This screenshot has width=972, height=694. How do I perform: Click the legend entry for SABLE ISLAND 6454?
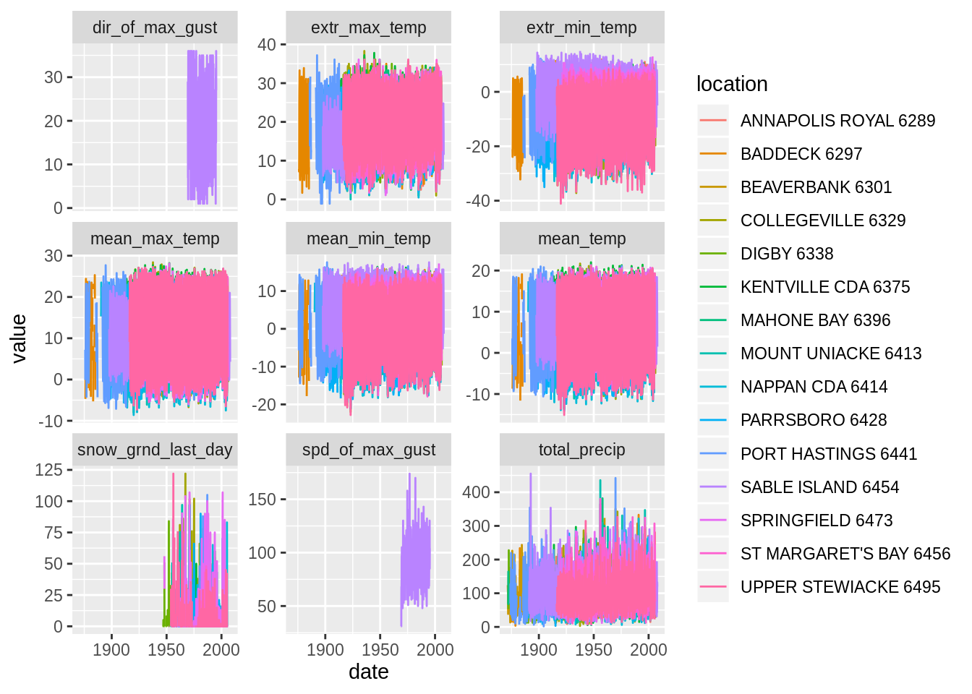(x=819, y=487)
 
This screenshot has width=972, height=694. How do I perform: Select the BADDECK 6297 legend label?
(x=801, y=154)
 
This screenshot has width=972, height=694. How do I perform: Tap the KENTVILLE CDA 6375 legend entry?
(x=824, y=287)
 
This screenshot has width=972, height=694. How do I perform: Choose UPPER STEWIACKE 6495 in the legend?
(x=840, y=587)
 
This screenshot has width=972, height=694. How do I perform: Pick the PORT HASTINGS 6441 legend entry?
(x=828, y=454)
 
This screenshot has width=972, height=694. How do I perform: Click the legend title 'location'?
(x=731, y=84)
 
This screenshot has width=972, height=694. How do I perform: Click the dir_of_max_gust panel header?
(x=155, y=27)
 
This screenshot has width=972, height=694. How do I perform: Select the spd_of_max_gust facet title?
(x=368, y=450)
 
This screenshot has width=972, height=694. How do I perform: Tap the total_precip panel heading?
(x=581, y=450)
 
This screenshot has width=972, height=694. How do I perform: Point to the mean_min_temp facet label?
(x=368, y=239)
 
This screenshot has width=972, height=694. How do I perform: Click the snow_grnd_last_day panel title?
(x=155, y=450)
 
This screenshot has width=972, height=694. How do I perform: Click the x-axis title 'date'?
(x=368, y=672)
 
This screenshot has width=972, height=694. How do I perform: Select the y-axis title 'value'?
(x=19, y=338)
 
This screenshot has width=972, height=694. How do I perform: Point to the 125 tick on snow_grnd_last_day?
(x=49, y=470)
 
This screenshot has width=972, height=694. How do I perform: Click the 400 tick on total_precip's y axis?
(x=476, y=492)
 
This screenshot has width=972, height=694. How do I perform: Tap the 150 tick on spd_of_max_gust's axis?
(x=263, y=500)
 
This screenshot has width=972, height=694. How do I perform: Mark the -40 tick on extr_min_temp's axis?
(x=477, y=201)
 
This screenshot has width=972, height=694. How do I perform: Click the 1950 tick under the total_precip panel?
(x=594, y=649)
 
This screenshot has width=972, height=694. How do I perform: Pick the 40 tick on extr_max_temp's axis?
(x=267, y=45)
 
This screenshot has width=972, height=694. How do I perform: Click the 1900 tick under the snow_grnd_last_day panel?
(x=111, y=649)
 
